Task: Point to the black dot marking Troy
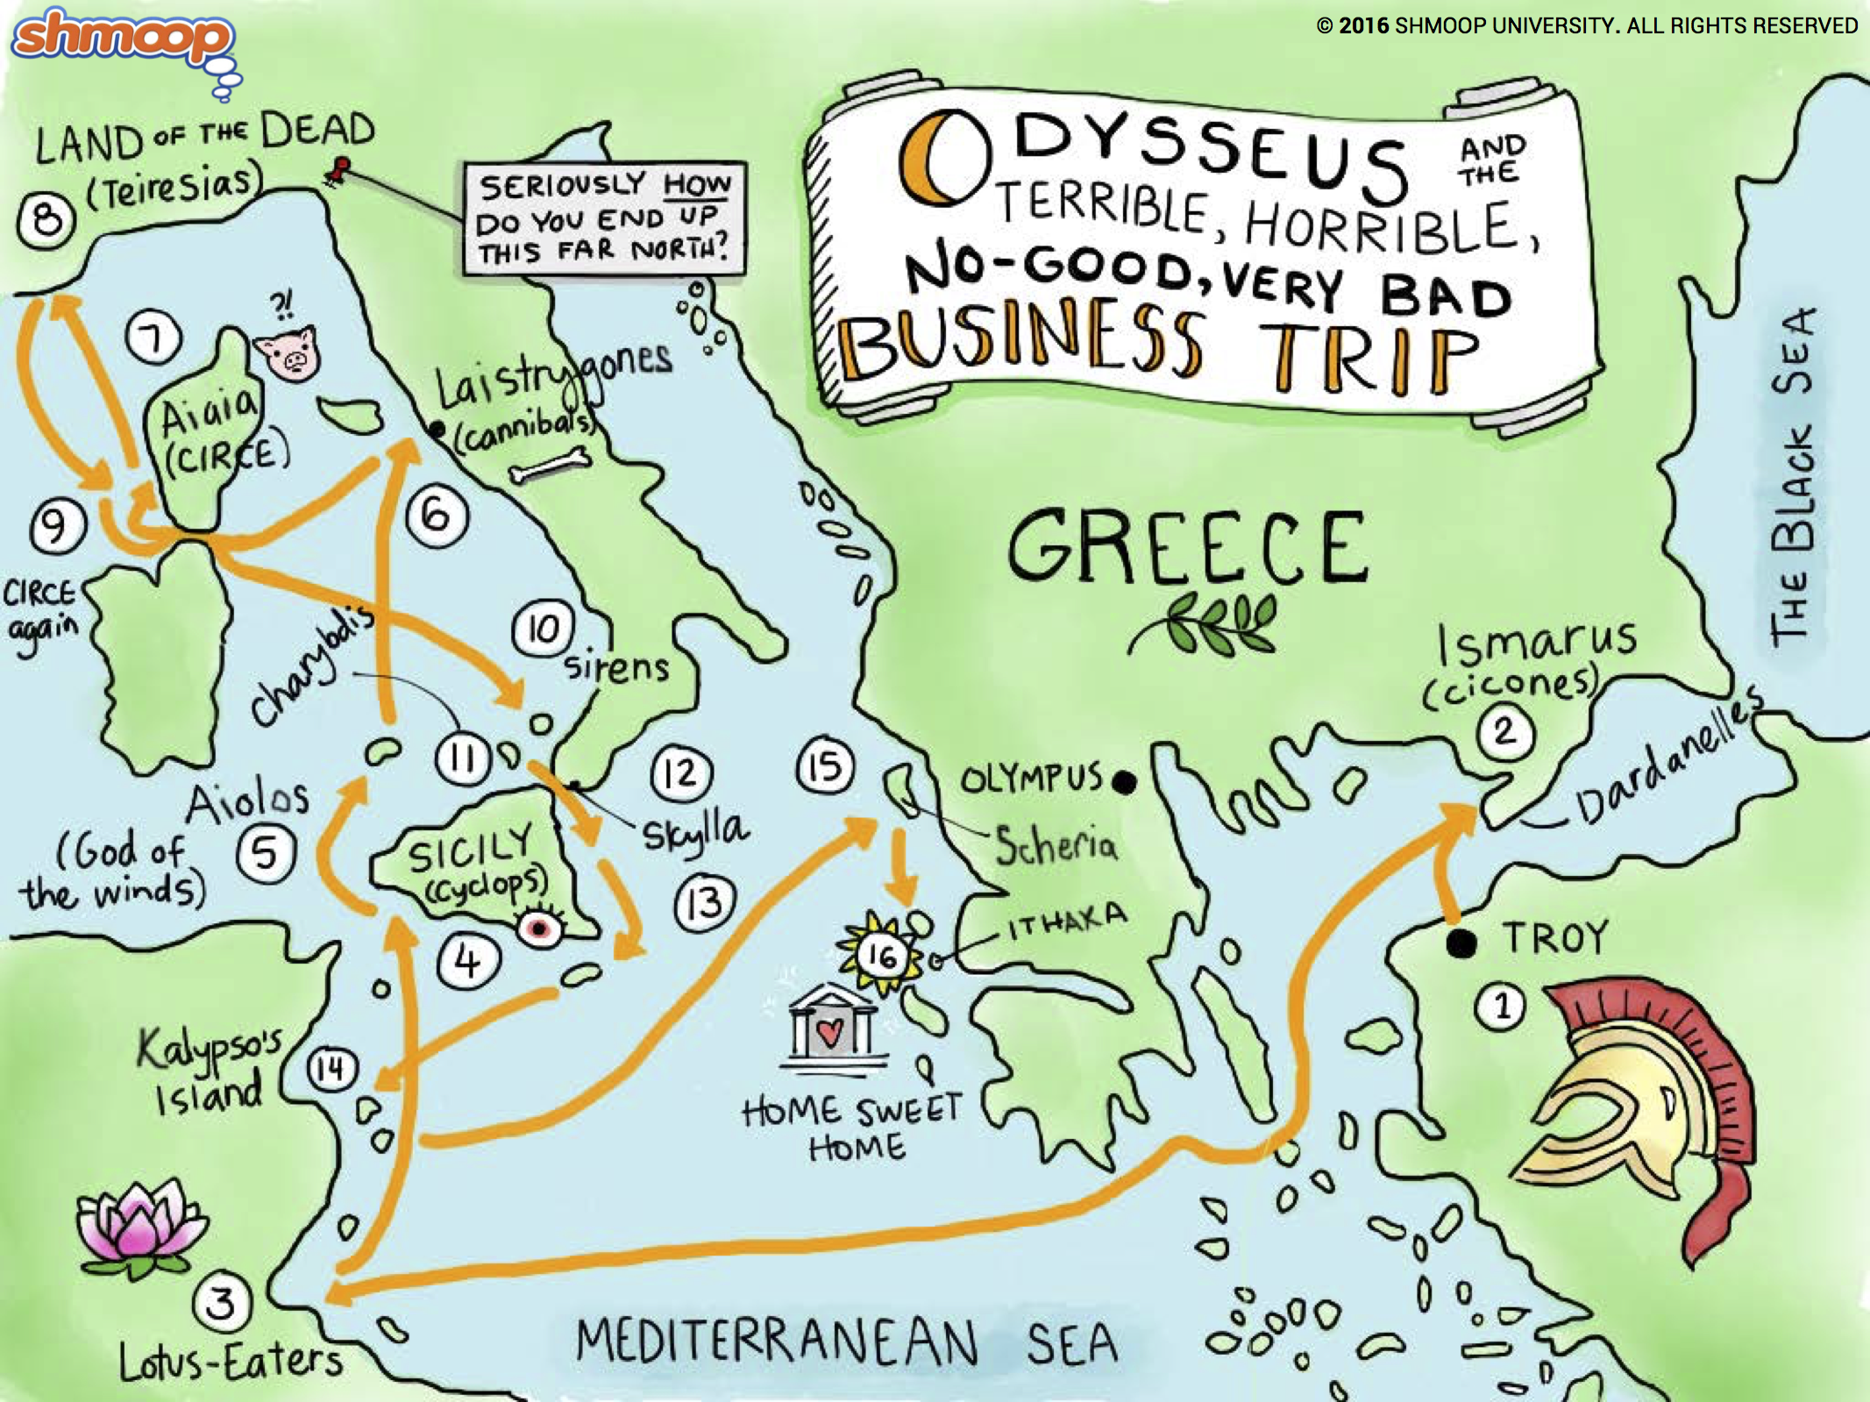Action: pyautogui.click(x=1461, y=943)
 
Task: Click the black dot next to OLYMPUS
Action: pyautogui.click(x=1124, y=780)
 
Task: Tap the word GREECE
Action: pyautogui.click(x=1188, y=548)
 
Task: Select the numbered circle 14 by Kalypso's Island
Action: pyautogui.click(x=331, y=1069)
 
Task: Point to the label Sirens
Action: pyautogui.click(x=616, y=668)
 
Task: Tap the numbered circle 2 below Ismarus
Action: pyautogui.click(x=1504, y=731)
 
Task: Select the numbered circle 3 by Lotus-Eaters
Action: pyautogui.click(x=221, y=1303)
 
